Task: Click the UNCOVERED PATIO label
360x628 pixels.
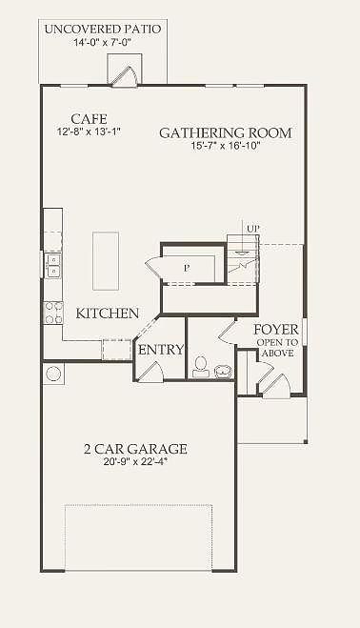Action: (103, 30)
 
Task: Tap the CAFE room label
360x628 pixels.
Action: (89, 119)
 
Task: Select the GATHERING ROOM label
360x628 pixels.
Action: (226, 133)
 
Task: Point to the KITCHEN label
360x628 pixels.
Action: (108, 314)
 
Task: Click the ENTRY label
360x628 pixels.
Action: (161, 350)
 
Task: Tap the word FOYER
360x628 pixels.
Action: (276, 330)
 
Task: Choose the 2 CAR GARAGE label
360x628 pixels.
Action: (135, 449)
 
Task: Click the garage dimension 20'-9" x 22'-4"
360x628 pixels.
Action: (135, 461)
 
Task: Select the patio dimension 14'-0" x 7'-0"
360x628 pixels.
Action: (103, 43)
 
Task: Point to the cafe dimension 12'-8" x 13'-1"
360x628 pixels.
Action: (89, 132)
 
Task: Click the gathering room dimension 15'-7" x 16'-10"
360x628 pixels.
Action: (226, 146)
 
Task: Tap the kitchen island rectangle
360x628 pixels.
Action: (106, 261)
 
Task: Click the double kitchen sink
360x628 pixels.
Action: (53, 266)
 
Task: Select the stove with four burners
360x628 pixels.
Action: (53, 314)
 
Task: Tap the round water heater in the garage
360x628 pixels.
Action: (53, 374)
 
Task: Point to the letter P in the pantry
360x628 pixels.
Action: (187, 269)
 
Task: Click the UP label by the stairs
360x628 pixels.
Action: (252, 229)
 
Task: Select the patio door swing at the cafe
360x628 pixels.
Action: (125, 76)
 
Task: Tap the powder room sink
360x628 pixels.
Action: (223, 372)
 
